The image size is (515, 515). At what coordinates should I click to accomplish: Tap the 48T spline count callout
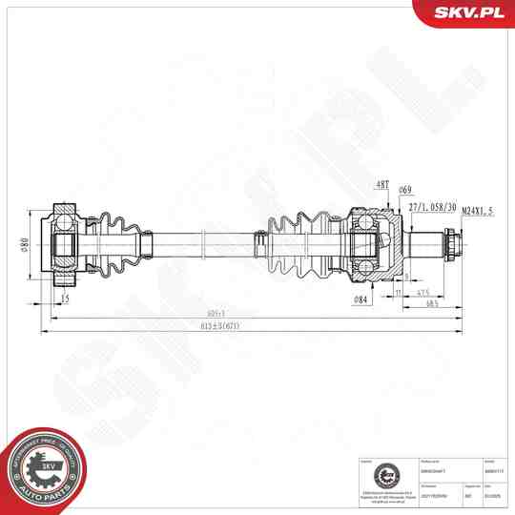[x=382, y=184]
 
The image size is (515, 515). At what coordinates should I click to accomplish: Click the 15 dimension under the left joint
[x=65, y=299]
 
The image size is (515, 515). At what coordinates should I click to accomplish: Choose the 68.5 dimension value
[x=432, y=303]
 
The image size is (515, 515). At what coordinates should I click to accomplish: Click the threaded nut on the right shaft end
[x=449, y=246]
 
